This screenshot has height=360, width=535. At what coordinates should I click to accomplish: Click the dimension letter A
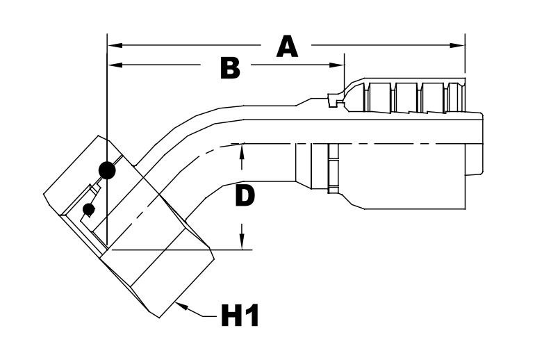287,47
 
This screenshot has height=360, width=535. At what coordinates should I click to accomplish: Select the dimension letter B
230,67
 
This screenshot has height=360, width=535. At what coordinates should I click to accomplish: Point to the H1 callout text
240,318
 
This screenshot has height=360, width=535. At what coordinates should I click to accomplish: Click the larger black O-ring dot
106,169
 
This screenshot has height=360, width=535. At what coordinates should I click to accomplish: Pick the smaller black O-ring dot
88,210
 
